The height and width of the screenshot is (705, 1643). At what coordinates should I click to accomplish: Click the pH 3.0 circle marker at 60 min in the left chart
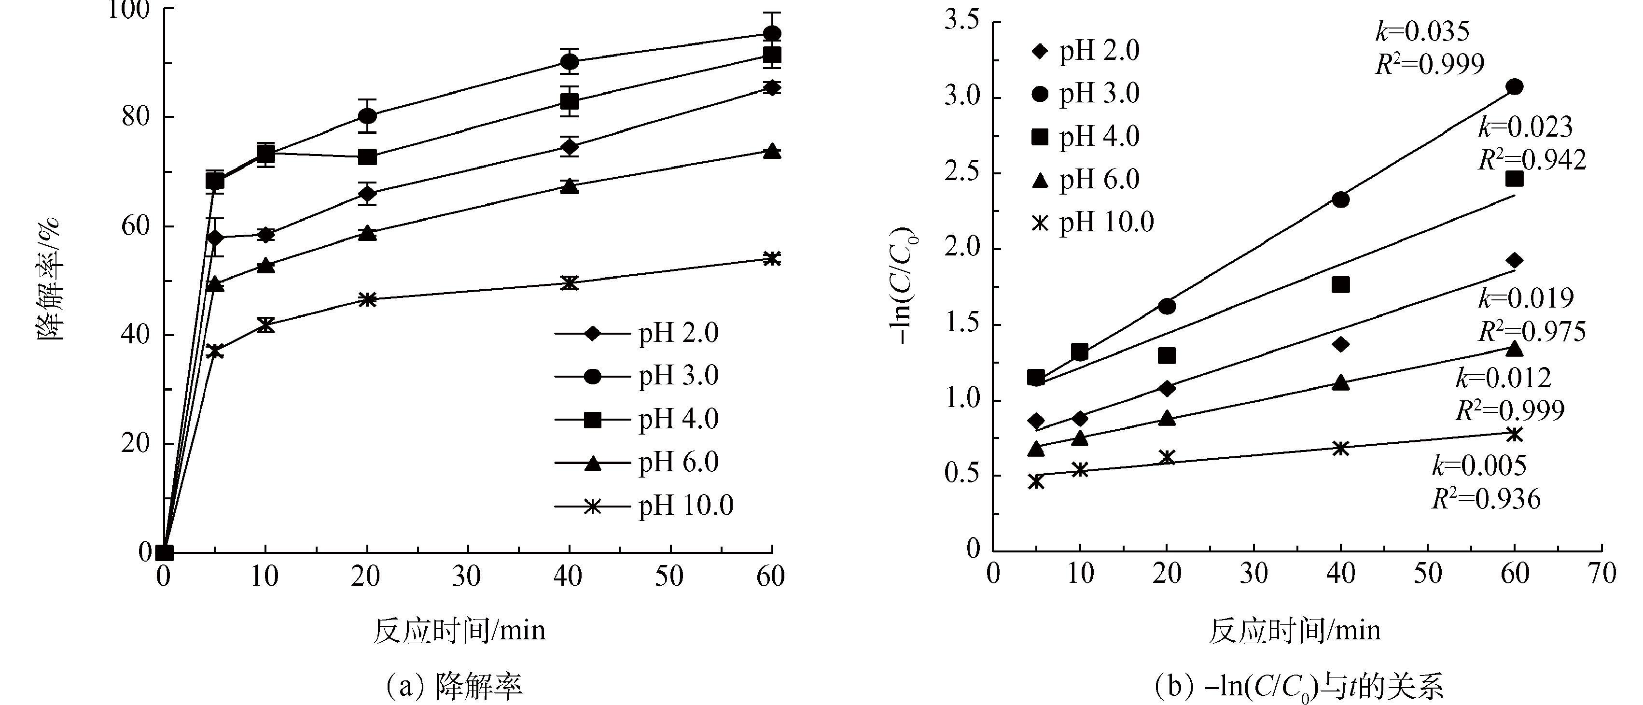click(772, 33)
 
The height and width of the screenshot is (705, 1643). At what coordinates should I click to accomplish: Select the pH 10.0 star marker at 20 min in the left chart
click(367, 299)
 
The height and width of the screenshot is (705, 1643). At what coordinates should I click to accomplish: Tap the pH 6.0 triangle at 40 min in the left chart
click(570, 186)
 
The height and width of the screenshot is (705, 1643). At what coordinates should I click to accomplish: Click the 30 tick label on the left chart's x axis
click(467, 577)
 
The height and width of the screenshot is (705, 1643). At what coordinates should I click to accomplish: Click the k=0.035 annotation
click(1422, 31)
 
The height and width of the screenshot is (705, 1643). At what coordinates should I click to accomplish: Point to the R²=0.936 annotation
click(1486, 499)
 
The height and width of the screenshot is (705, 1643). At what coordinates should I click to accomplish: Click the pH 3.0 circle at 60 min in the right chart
click(1514, 87)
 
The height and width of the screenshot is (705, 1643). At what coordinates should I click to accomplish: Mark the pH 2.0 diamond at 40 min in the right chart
click(1341, 344)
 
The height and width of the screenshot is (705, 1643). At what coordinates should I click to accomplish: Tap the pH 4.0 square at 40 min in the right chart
click(1341, 284)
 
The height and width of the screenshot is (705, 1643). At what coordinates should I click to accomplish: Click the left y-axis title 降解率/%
click(50, 278)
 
